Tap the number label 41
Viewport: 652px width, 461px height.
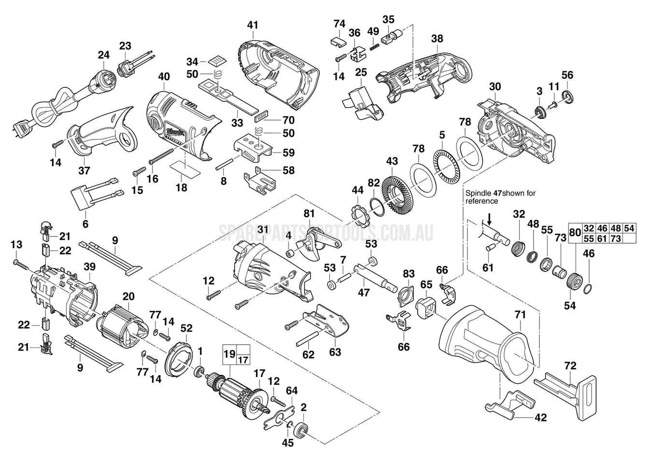tap(253, 25)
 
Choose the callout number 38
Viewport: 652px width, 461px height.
tap(437, 38)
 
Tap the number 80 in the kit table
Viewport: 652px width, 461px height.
tap(575, 232)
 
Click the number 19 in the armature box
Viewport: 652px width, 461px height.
tap(229, 353)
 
